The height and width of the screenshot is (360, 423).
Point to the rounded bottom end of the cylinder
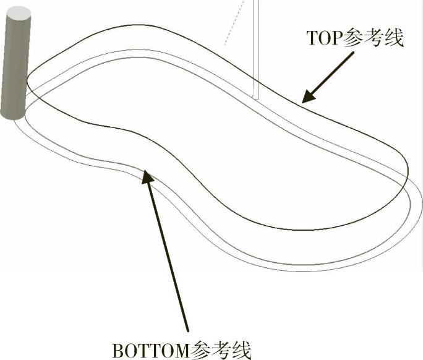12,114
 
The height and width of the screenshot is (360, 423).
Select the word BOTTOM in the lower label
151,349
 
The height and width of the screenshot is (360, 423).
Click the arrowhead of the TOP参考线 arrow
305,98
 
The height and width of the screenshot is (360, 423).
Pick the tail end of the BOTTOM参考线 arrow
187,330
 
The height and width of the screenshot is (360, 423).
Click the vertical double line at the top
255,49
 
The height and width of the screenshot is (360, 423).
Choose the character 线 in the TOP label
393,38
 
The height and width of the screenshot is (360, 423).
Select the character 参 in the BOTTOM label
202,349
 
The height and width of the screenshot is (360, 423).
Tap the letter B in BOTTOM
117,349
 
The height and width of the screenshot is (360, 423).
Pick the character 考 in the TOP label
373,38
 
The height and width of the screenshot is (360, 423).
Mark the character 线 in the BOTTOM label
242,349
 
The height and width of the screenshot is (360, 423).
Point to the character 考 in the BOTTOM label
222,349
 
